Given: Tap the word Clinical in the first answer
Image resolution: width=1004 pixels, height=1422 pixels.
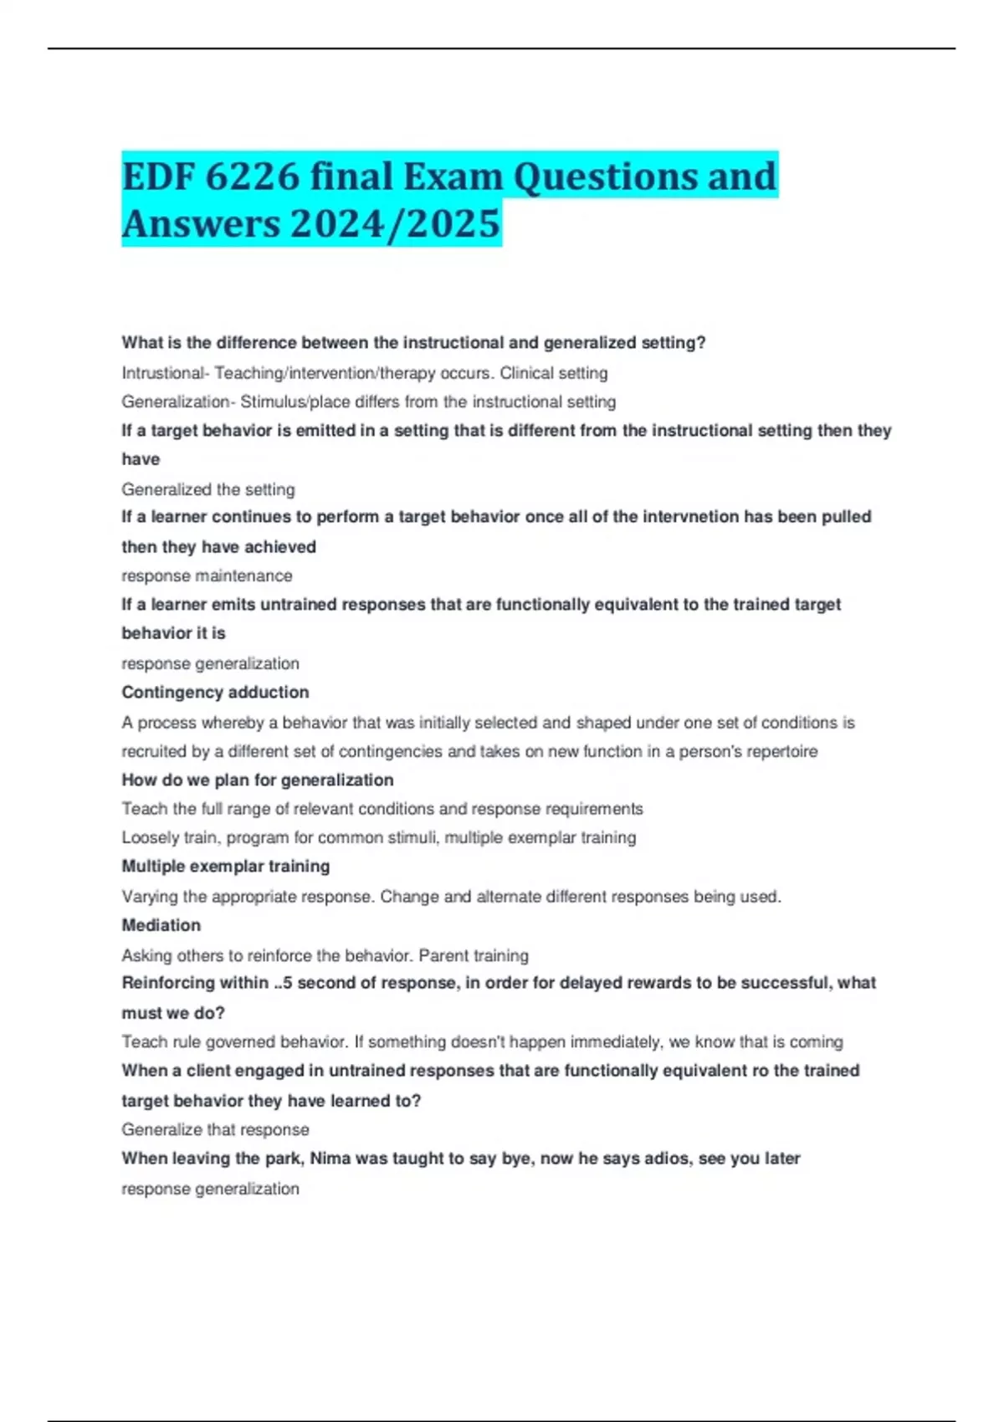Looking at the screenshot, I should point(526,373).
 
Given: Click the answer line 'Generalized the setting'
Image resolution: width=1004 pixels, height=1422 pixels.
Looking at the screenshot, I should point(208,489).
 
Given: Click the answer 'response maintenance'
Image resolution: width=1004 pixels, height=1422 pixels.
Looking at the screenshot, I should point(207,576).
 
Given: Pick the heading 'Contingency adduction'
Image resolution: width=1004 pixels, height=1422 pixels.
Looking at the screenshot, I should point(215,693).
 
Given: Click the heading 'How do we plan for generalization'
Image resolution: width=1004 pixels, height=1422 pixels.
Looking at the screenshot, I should point(258,780).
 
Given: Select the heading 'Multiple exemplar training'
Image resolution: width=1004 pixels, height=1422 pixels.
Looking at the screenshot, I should point(226,867).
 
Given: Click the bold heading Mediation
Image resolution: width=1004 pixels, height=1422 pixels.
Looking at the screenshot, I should point(161,926).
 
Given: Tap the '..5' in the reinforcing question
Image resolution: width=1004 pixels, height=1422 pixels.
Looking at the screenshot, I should point(283,983).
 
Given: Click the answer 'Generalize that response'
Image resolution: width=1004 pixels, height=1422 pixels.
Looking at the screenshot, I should point(215,1130).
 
